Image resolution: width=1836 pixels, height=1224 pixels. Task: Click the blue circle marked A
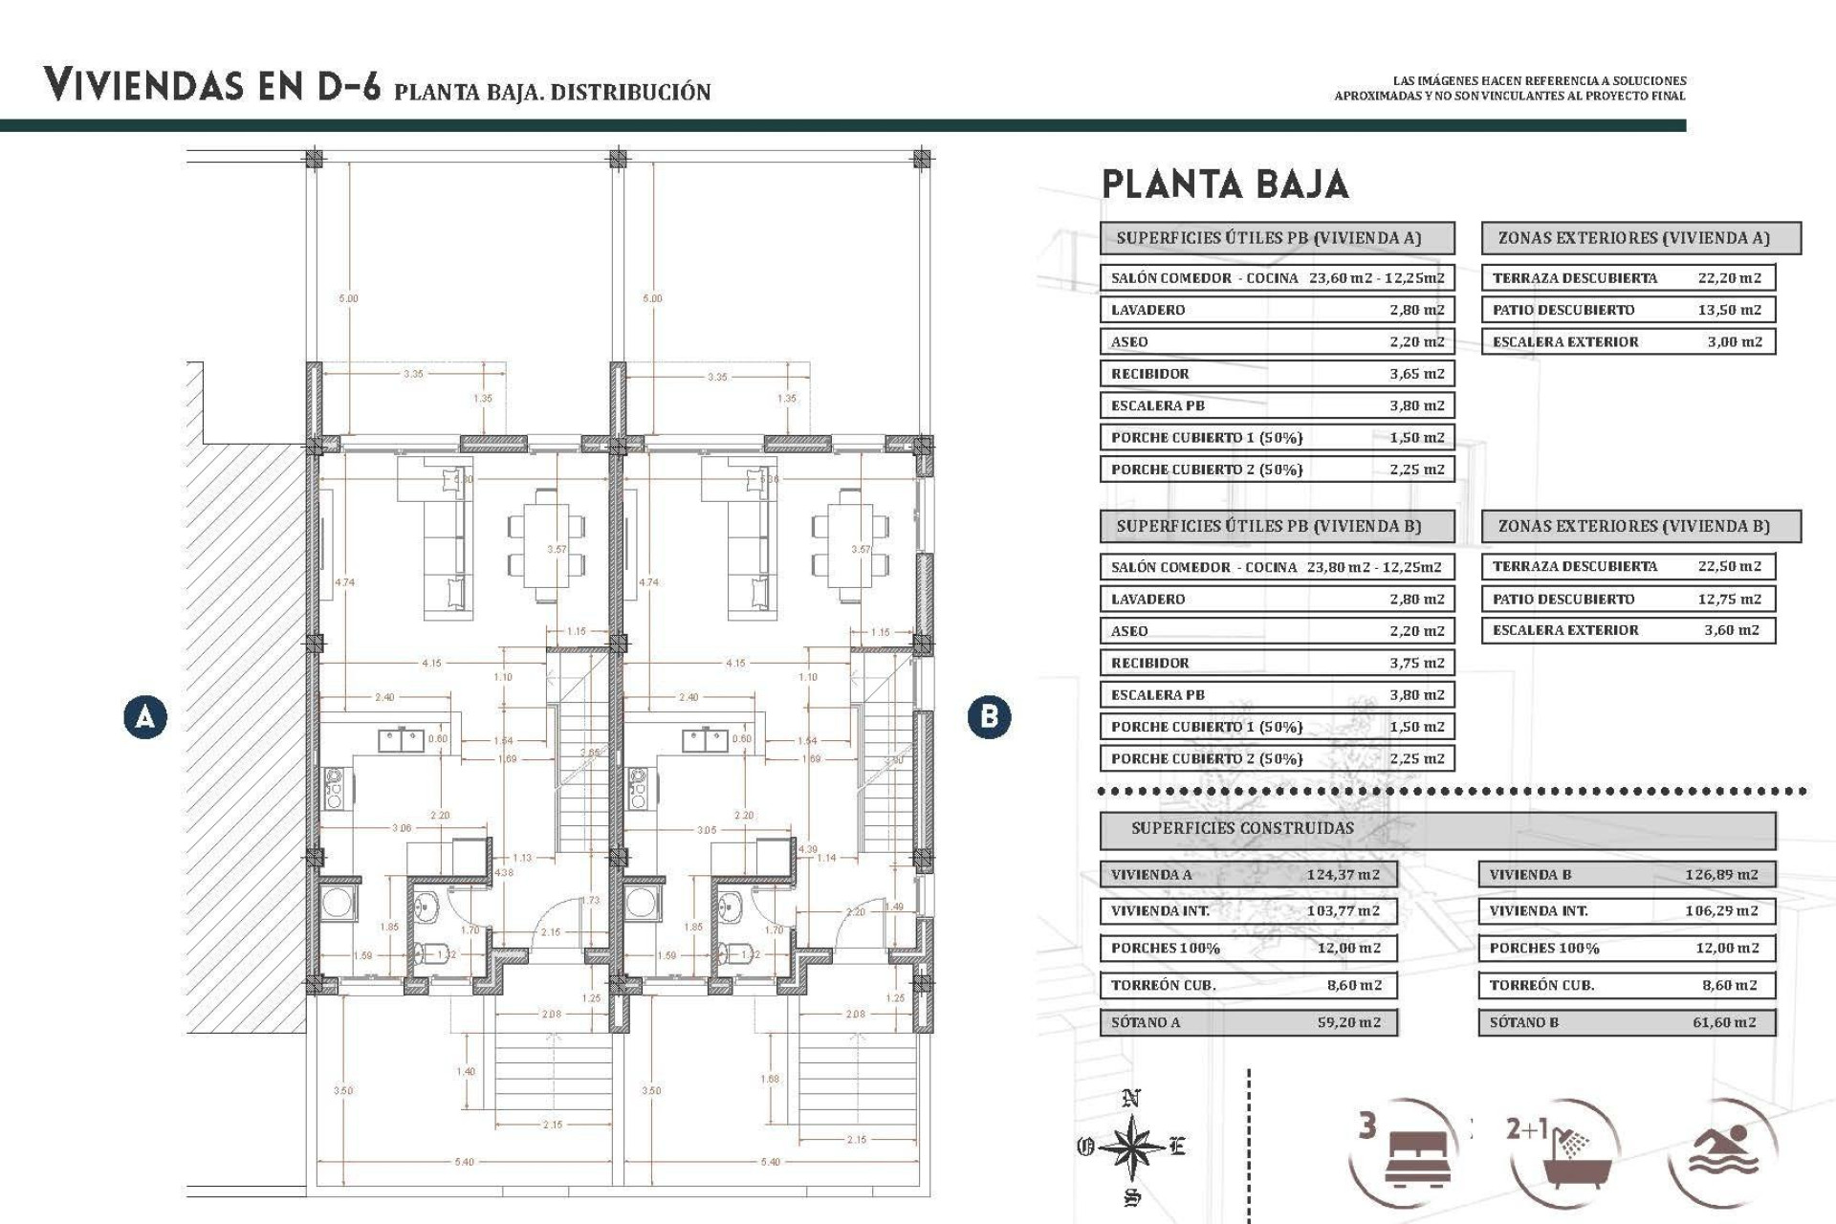[x=145, y=716]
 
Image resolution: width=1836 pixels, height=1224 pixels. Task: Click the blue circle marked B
[x=989, y=716]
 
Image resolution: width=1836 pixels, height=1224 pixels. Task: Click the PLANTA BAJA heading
[x=1225, y=185]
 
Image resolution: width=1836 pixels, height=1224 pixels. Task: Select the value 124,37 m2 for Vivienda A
[x=1343, y=874]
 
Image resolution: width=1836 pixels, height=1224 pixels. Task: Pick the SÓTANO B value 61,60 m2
[x=1724, y=1022]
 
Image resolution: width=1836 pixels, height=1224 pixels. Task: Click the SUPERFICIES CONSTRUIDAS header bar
[x=1436, y=829]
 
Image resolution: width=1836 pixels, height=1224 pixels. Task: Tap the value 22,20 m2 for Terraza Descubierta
[x=1729, y=278]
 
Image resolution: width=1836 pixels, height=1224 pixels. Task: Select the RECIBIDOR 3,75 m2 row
[x=1277, y=663]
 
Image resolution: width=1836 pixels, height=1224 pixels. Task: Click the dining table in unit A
[x=547, y=545]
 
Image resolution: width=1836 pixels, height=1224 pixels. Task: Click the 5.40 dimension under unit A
[x=464, y=1162]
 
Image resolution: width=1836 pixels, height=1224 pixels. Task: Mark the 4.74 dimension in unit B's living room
[x=649, y=581]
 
